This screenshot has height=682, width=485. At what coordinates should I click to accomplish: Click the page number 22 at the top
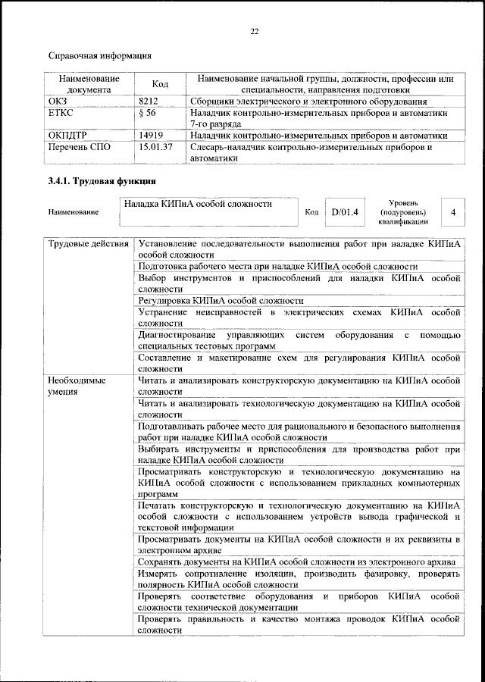[254, 31]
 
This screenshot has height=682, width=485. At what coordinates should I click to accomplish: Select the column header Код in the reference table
[160, 84]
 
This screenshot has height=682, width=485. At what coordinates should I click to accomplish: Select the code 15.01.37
[157, 147]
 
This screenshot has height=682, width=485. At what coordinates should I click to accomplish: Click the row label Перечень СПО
[80, 147]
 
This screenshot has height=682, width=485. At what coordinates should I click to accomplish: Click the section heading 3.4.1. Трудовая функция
[102, 182]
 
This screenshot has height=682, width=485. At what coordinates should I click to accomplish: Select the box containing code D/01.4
[343, 212]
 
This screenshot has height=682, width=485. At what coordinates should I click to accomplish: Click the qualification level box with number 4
[453, 212]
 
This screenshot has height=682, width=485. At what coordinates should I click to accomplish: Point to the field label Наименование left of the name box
[74, 212]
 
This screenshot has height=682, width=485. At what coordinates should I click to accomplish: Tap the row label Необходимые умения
[77, 386]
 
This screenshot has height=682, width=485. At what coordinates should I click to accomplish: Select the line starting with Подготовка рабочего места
[277, 267]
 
